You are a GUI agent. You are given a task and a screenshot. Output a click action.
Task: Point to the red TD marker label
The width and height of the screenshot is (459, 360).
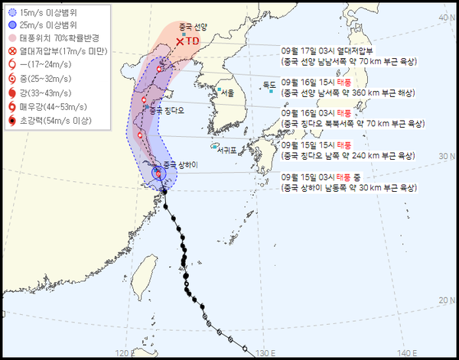(192, 41)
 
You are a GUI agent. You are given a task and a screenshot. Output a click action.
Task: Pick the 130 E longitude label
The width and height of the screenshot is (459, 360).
(262, 352)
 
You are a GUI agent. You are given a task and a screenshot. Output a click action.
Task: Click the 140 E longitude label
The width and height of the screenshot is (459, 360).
(409, 352)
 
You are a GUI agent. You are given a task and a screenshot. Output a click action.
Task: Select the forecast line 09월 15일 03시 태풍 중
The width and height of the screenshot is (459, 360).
(320, 177)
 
